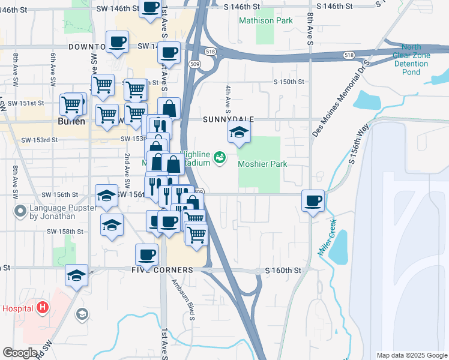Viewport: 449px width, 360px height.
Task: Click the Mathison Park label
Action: [266, 20]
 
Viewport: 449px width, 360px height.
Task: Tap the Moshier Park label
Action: [262, 164]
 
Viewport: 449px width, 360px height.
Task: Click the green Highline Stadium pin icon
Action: [220, 158]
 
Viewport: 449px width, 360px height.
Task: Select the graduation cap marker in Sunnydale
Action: [239, 133]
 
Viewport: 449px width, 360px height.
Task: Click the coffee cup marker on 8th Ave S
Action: [312, 201]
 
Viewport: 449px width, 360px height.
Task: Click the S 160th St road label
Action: [283, 271]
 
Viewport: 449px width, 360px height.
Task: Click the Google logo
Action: [20, 353]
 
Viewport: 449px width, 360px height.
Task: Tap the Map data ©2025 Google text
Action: [412, 355]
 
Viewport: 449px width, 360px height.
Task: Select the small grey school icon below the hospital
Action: [81, 314]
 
